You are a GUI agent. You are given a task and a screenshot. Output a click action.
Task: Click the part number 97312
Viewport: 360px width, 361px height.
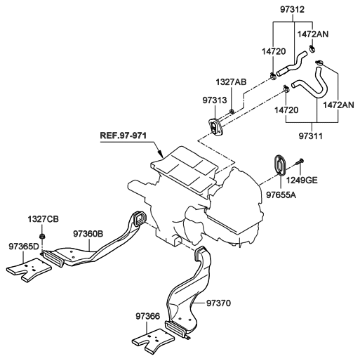coord(293,10)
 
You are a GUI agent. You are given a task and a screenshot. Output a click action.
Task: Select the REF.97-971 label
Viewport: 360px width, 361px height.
coord(124,136)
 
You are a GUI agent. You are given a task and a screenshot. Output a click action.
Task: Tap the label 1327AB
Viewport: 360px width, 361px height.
coord(231,82)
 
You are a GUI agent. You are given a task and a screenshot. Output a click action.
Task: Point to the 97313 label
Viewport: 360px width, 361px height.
coord(215,100)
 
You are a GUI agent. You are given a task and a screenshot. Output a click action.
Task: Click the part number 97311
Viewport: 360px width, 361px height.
coord(310,136)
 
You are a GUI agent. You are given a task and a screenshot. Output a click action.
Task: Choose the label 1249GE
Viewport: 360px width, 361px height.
coord(302,180)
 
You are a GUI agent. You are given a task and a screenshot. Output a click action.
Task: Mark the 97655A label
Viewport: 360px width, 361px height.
coord(281,195)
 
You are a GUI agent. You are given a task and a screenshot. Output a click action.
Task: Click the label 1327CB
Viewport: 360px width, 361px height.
coord(43,219)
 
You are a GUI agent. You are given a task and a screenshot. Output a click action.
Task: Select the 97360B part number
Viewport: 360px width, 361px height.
coord(88,234)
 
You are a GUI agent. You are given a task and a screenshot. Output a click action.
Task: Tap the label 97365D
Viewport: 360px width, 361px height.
coord(24,247)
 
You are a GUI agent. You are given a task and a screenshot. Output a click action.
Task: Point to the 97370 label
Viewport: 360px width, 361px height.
coord(218,303)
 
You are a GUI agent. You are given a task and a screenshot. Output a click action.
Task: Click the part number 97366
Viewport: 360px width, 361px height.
coord(148,316)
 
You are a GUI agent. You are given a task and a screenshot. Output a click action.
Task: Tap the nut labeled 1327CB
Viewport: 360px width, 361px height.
coord(42,236)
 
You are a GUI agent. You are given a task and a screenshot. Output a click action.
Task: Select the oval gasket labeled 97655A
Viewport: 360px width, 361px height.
coord(279,164)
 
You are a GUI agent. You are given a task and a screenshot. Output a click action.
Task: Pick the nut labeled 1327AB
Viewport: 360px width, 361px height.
coord(232,111)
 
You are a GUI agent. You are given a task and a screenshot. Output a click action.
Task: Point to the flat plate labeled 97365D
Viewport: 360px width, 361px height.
coord(29,270)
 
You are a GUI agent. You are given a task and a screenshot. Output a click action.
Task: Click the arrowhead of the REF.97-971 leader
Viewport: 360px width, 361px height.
coord(161,154)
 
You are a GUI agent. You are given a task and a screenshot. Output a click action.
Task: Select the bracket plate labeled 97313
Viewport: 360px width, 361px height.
coord(215,126)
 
